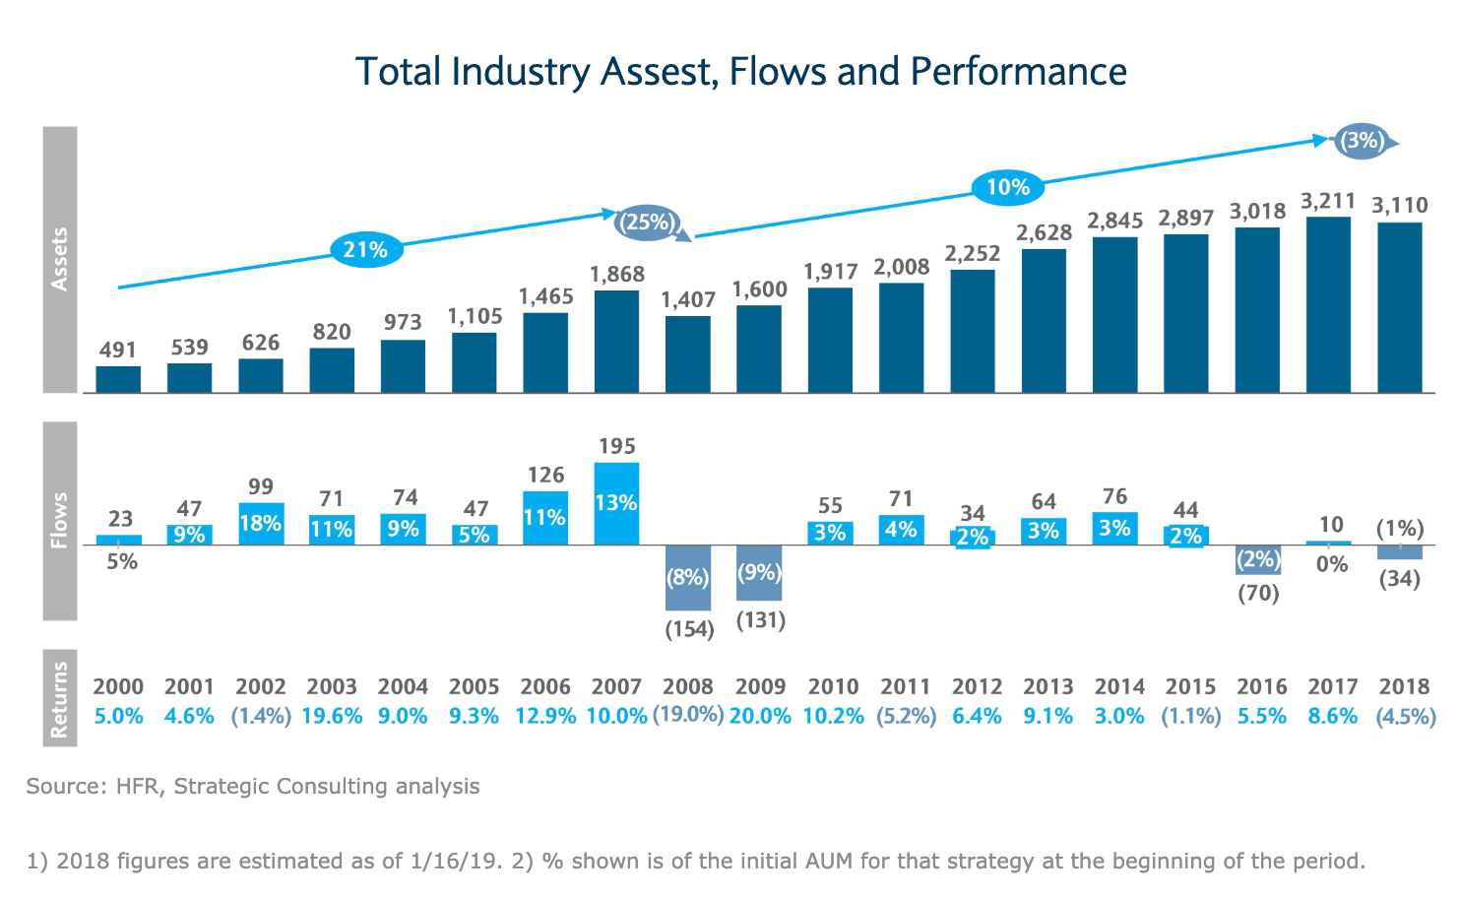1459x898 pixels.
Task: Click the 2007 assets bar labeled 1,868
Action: coord(616,341)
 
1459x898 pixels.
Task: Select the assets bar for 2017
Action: coord(1328,304)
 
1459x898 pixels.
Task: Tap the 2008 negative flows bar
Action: coord(687,577)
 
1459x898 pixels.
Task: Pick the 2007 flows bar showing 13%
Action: coord(616,503)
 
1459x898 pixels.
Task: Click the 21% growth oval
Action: coord(365,250)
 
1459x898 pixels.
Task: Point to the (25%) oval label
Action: coord(647,222)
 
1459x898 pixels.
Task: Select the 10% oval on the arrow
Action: coord(1007,187)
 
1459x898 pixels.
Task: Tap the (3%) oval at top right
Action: coord(1363,141)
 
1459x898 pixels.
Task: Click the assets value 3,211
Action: coord(1328,202)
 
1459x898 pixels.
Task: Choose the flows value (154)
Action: coord(689,629)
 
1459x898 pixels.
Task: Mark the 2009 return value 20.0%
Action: coord(760,717)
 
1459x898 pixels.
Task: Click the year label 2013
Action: coord(1047,686)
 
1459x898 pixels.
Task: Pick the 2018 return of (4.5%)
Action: coord(1405,717)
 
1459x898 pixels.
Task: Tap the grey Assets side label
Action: coord(60,259)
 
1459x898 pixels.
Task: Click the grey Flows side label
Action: coord(60,521)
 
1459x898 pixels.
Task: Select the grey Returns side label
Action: coord(60,698)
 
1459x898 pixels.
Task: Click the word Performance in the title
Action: coord(1018,72)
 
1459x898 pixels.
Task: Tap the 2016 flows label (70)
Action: coord(1257,594)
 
